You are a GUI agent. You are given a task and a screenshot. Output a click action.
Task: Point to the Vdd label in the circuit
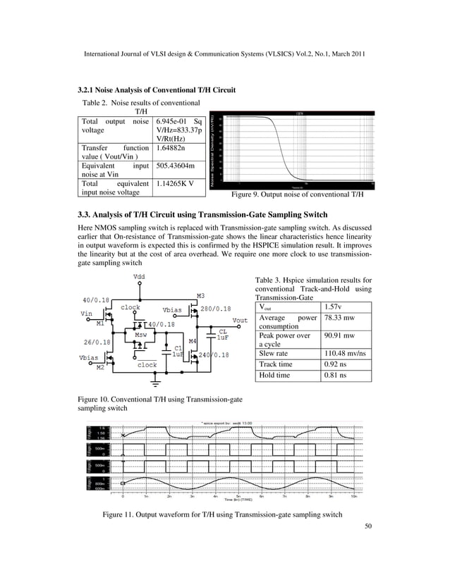[x=141, y=277]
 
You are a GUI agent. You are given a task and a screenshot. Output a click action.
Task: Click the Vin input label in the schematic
[x=87, y=312]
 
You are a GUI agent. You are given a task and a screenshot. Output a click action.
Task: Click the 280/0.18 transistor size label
[x=216, y=309]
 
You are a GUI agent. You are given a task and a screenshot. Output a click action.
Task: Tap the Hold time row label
[x=274, y=376]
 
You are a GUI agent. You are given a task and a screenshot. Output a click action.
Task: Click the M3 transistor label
[x=201, y=295]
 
